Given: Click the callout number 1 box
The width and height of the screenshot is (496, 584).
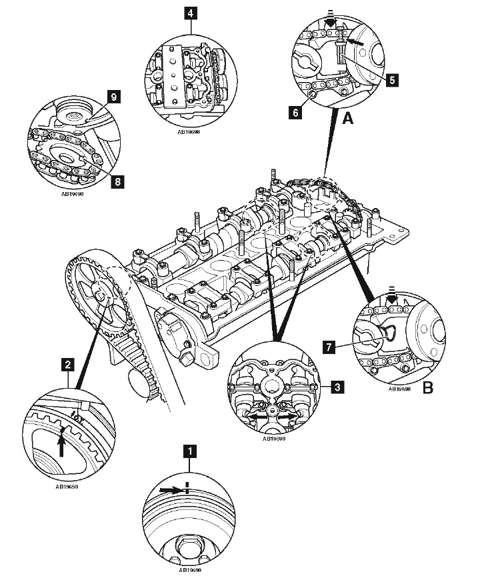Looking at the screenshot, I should coord(191,451).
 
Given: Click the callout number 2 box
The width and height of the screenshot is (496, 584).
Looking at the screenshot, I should coord(67,364).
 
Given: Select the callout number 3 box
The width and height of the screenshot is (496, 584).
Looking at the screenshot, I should coord(339,385).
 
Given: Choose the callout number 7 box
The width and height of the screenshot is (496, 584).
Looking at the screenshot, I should coord(328,347).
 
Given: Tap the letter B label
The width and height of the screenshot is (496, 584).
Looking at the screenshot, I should coord(427,387).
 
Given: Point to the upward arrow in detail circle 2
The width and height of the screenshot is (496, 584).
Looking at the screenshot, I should coord(62,443).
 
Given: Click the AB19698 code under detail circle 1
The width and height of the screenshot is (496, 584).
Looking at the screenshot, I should coord(190,571).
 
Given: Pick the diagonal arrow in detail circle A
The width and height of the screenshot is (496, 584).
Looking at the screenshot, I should coord(357,41).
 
